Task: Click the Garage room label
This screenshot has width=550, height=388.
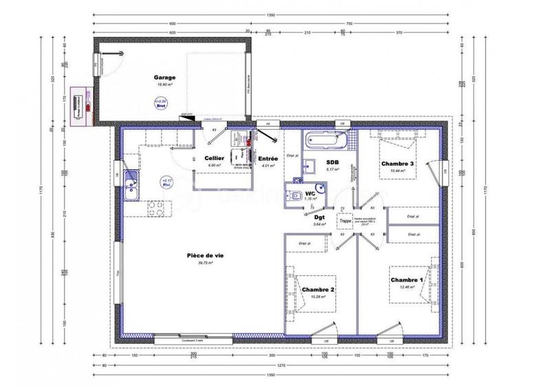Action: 164,78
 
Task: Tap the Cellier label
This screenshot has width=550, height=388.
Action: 212,158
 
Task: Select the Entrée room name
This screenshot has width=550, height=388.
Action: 267,158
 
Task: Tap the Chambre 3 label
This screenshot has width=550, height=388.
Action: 397,163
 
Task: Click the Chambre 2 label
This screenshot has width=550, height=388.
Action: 318,290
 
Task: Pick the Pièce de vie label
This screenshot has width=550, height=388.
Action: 203,255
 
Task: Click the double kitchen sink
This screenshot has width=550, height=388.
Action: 133,185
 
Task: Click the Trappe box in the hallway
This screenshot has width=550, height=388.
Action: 344,222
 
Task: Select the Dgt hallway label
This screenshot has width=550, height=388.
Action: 318,217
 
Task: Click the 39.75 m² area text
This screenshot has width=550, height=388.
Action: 205,263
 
